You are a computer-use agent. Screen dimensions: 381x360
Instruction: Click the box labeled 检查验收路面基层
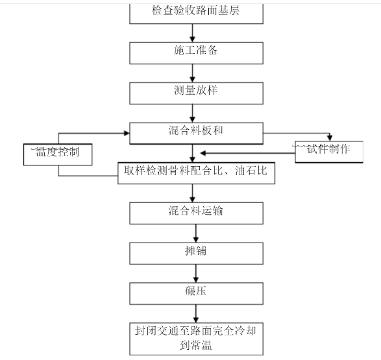[196, 14]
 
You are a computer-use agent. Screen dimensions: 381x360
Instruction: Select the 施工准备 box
[196, 53]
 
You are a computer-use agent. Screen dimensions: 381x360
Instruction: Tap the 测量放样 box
[196, 93]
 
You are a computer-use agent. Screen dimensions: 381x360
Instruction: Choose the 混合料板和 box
[196, 134]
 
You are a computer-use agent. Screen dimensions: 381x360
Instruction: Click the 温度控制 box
[58, 154]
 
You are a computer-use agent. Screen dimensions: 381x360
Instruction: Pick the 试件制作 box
[329, 152]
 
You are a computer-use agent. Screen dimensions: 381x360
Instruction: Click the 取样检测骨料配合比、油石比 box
[196, 173]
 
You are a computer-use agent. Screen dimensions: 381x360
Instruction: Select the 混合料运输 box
[196, 213]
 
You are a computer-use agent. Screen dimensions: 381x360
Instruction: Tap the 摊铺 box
[196, 254]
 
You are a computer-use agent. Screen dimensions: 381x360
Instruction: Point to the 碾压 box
[196, 293]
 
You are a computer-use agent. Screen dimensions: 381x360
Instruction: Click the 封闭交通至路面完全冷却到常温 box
[196, 339]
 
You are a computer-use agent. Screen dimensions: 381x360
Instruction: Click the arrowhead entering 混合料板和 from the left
[127, 133]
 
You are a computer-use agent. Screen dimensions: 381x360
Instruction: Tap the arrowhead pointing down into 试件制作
[330, 138]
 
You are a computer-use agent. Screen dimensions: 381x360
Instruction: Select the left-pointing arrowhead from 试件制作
[203, 153]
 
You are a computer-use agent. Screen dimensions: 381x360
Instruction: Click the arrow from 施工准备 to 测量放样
[192, 73]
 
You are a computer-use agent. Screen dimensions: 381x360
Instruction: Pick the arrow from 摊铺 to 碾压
[196, 274]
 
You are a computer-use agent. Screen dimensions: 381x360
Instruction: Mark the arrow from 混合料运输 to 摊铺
[196, 234]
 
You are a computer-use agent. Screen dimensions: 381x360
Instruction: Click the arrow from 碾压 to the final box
[196, 314]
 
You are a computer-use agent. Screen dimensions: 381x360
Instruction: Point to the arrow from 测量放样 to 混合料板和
[192, 114]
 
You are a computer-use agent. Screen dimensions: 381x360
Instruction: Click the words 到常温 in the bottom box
[196, 346]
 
